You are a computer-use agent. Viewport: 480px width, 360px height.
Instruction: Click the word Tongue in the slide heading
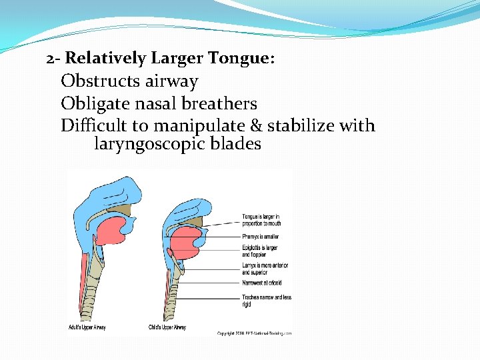[x=239, y=59]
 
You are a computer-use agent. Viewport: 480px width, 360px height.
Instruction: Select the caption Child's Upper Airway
[x=167, y=327]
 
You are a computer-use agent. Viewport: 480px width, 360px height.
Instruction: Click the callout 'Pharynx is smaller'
[x=260, y=237]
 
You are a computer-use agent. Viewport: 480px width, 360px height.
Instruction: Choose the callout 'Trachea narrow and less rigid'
[x=266, y=300]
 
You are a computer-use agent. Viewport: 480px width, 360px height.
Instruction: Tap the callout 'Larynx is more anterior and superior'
[x=265, y=269]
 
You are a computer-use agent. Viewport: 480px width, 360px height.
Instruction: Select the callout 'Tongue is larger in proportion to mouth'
[x=261, y=219]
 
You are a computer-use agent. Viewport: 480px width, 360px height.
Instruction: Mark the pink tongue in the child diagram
[x=186, y=244]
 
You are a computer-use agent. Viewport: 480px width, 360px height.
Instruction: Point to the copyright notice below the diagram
[x=254, y=333]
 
